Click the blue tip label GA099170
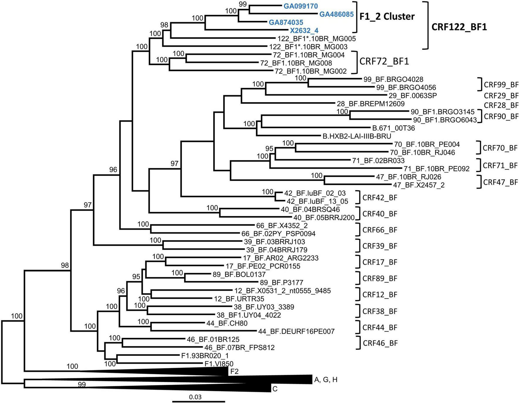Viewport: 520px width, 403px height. pos(300,6)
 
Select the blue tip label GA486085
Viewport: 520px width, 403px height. pos(336,14)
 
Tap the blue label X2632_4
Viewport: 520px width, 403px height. pos(304,30)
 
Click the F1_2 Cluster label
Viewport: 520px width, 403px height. pos(387,16)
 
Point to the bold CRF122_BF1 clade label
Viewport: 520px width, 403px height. pos(459,27)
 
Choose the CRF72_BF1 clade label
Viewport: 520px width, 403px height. pos(384,61)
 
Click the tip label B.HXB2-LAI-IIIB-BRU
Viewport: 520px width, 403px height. pos(357,136)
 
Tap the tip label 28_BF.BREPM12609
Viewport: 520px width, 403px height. pos(371,104)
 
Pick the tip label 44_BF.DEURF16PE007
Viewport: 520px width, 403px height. pos(296,331)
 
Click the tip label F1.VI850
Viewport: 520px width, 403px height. pos(219,364)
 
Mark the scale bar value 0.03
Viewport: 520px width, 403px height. pos(195,397)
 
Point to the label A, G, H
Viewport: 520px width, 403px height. pos(326,380)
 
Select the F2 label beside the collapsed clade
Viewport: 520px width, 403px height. pos(234,372)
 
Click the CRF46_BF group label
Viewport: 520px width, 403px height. pos(380,343)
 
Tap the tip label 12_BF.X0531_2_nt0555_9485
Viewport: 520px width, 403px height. pos(283,291)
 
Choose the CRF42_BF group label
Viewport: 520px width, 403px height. pos(380,197)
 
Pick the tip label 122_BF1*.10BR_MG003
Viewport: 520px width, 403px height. pos(308,47)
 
